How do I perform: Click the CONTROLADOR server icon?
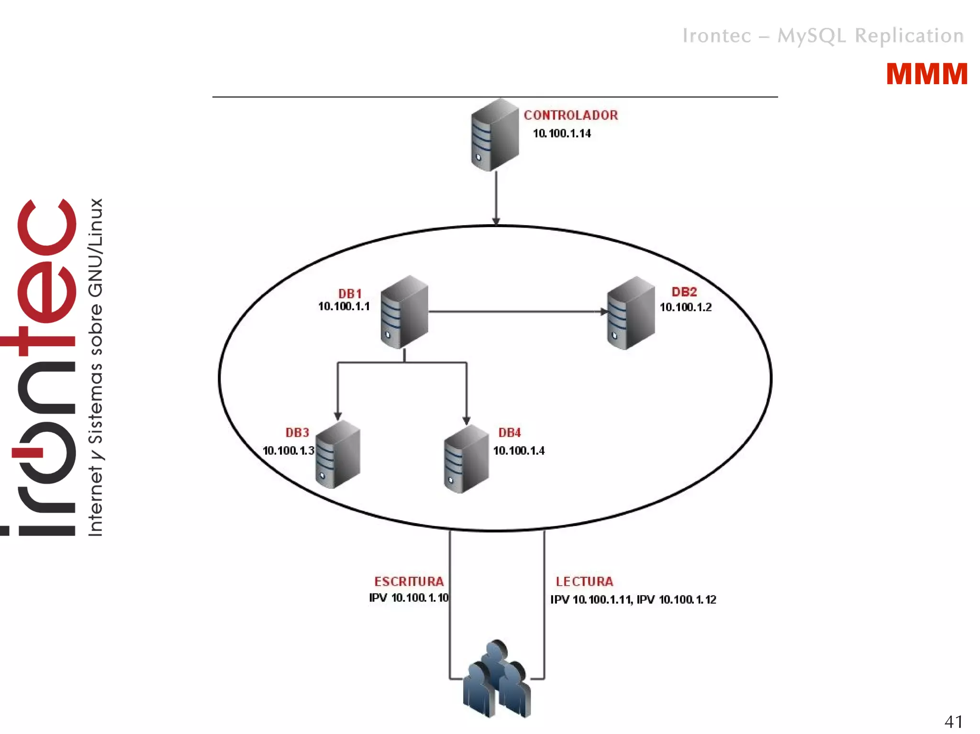tap(494, 135)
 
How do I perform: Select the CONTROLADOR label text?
tap(570, 115)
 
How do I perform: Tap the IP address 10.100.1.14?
tap(562, 133)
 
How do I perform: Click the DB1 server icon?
tap(404, 312)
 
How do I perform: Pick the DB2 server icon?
tap(631, 313)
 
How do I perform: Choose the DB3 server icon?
tap(338, 455)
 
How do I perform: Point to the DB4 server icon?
tap(466, 460)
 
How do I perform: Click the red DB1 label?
tap(350, 294)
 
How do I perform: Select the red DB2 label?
tap(684, 292)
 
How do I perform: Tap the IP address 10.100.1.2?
tap(685, 307)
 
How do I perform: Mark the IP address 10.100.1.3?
tap(288, 450)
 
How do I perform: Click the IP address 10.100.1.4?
tap(519, 450)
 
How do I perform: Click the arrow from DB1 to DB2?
tap(517, 312)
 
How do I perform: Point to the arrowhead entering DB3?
tap(338, 416)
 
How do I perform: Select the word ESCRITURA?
tap(409, 581)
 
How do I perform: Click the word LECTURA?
tap(584, 581)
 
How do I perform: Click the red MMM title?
tap(926, 75)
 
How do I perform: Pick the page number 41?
tap(953, 721)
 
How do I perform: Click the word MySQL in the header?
tap(812, 36)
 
